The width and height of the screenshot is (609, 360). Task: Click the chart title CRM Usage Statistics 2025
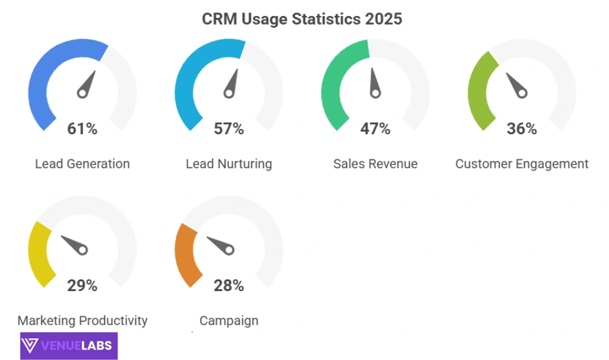pyautogui.click(x=302, y=19)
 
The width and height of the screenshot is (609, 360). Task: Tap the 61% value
pyautogui.click(x=83, y=129)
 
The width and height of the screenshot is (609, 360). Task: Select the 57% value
pyautogui.click(x=229, y=129)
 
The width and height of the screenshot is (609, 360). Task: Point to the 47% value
pyautogui.click(x=376, y=129)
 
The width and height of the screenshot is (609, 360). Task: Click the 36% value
pyautogui.click(x=522, y=129)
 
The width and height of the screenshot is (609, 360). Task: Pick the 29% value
pyautogui.click(x=83, y=286)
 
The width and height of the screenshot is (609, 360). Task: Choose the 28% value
pyautogui.click(x=229, y=286)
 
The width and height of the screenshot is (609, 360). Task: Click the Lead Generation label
pyautogui.click(x=83, y=164)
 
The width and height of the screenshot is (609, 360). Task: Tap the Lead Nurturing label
pyautogui.click(x=229, y=164)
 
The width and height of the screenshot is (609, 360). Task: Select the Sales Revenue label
pyautogui.click(x=376, y=164)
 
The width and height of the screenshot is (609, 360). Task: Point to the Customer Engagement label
pyautogui.click(x=522, y=164)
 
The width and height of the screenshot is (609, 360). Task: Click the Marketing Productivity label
pyautogui.click(x=83, y=321)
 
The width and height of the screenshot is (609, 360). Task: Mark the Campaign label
pyautogui.click(x=229, y=321)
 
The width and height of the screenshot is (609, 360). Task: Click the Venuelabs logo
pyautogui.click(x=68, y=345)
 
